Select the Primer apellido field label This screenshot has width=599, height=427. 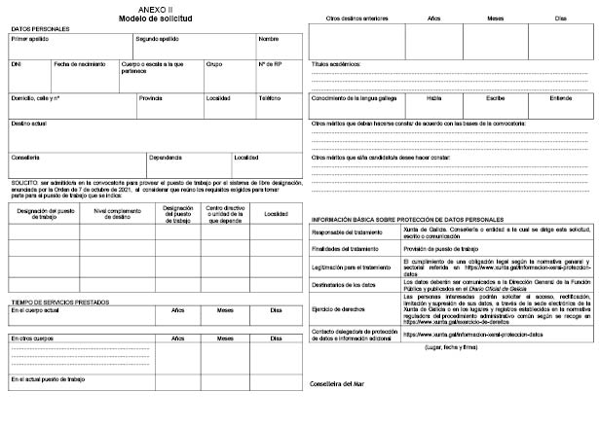click(x=29, y=40)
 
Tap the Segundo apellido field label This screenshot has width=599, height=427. click(x=157, y=40)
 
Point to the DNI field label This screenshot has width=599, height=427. click(x=16, y=64)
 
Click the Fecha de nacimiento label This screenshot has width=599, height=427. click(x=78, y=64)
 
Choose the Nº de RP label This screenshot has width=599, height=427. click(x=272, y=64)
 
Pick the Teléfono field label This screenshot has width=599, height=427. click(x=270, y=98)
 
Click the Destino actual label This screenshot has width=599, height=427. click(x=29, y=124)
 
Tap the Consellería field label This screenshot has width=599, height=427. click(x=25, y=158)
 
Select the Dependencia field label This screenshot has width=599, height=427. click(x=166, y=158)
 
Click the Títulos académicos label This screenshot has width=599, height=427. click(x=336, y=63)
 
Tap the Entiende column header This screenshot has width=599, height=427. click(x=562, y=97)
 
